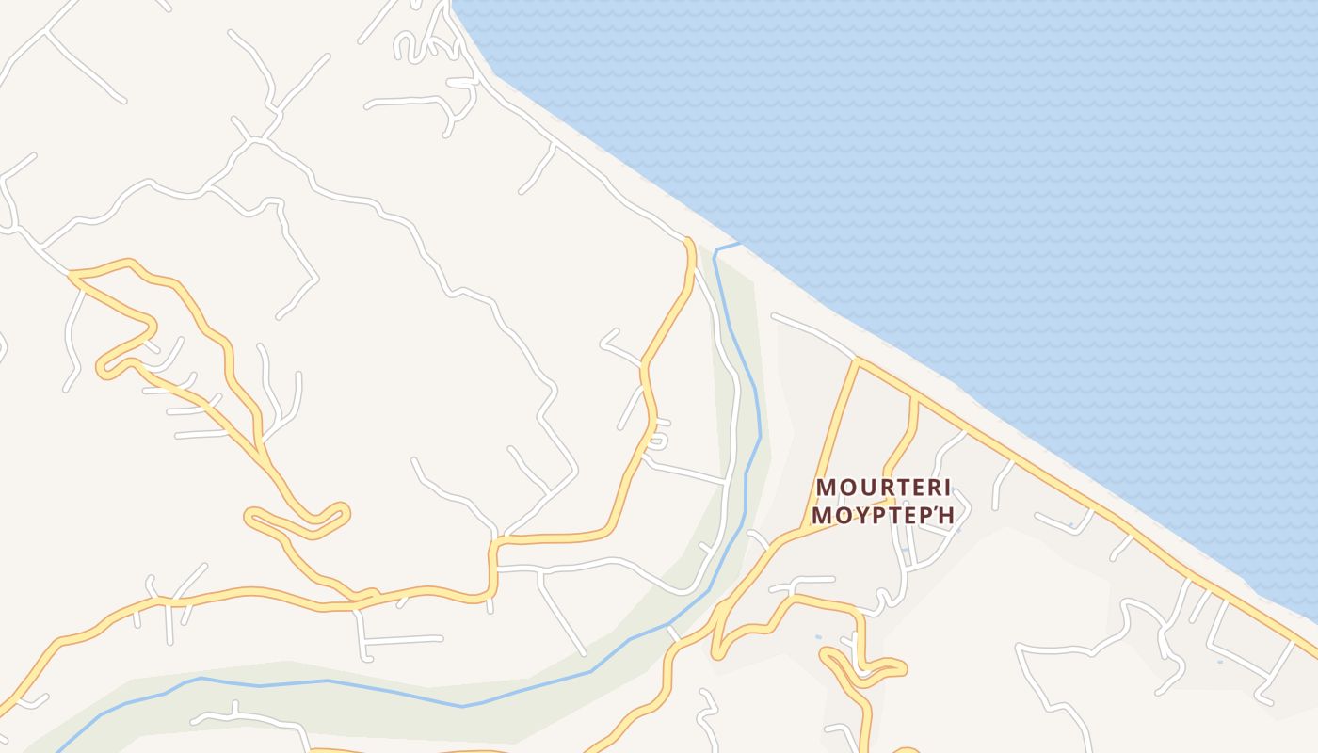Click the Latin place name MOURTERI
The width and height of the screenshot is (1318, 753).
[883, 488]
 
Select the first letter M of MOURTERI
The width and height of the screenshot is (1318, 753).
[826, 488]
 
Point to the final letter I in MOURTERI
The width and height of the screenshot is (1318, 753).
[947, 488]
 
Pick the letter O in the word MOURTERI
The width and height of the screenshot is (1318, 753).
[846, 488]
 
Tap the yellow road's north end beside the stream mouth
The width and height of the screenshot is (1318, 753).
[689, 243]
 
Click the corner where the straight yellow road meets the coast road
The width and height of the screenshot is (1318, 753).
[858, 360]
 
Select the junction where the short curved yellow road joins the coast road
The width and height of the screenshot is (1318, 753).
[913, 398]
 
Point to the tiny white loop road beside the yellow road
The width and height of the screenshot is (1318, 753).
[660, 438]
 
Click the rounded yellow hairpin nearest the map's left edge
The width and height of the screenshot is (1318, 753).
[104, 369]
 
